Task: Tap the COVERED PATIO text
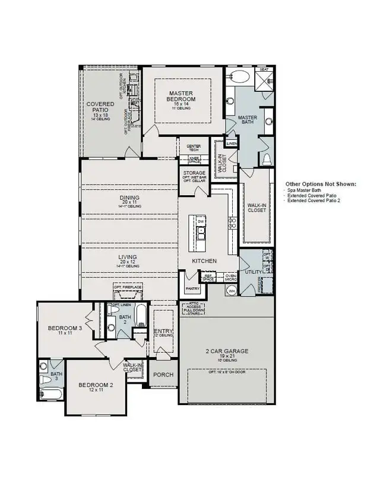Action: click(x=100, y=107)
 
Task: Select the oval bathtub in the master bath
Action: click(x=240, y=76)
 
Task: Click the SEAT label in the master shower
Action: click(x=265, y=70)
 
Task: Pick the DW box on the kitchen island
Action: click(x=201, y=221)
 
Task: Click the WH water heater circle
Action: click(x=232, y=290)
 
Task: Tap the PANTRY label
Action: click(x=192, y=289)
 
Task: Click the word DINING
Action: click(x=129, y=197)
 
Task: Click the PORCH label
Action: click(x=163, y=375)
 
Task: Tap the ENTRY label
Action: click(x=163, y=331)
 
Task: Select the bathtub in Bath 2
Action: click(x=140, y=315)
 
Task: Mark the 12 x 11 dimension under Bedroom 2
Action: click(x=95, y=391)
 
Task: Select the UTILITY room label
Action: click(x=253, y=271)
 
